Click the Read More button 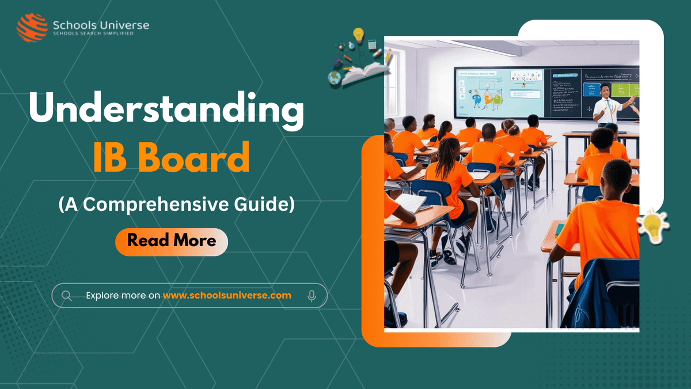172,240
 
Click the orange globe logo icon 32,27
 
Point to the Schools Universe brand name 100,25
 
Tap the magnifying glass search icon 67,296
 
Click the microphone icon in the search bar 312,296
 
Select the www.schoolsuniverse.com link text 227,296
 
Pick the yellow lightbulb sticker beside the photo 653,226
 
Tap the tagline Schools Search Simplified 93,34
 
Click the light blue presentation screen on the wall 498,92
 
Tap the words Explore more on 123,296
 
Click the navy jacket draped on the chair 605,294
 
